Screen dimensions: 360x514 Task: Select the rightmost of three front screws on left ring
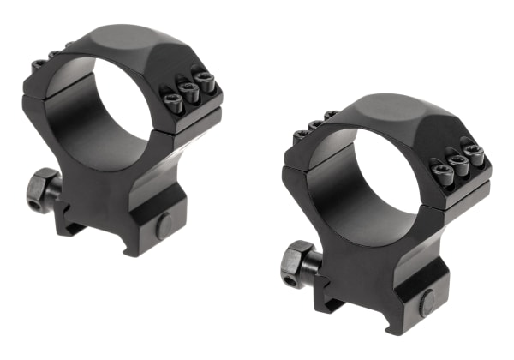(204, 81)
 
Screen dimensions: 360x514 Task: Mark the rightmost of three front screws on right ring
(473, 153)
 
